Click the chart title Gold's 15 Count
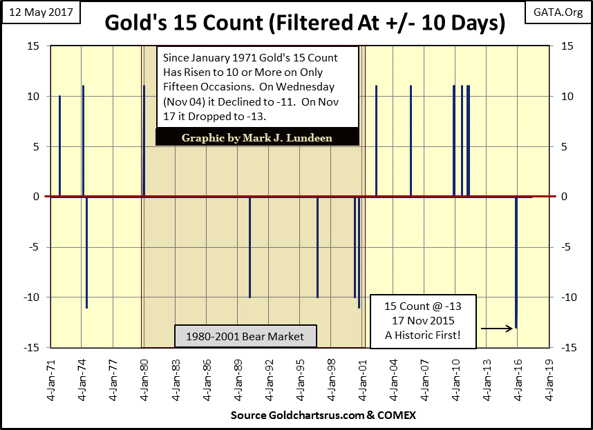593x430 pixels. tap(305, 23)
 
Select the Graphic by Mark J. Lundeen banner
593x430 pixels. tap(257, 137)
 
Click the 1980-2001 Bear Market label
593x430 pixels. tap(245, 337)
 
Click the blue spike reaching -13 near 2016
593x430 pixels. tap(516, 262)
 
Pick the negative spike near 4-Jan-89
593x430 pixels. tap(250, 247)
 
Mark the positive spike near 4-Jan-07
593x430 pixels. tap(411, 141)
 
